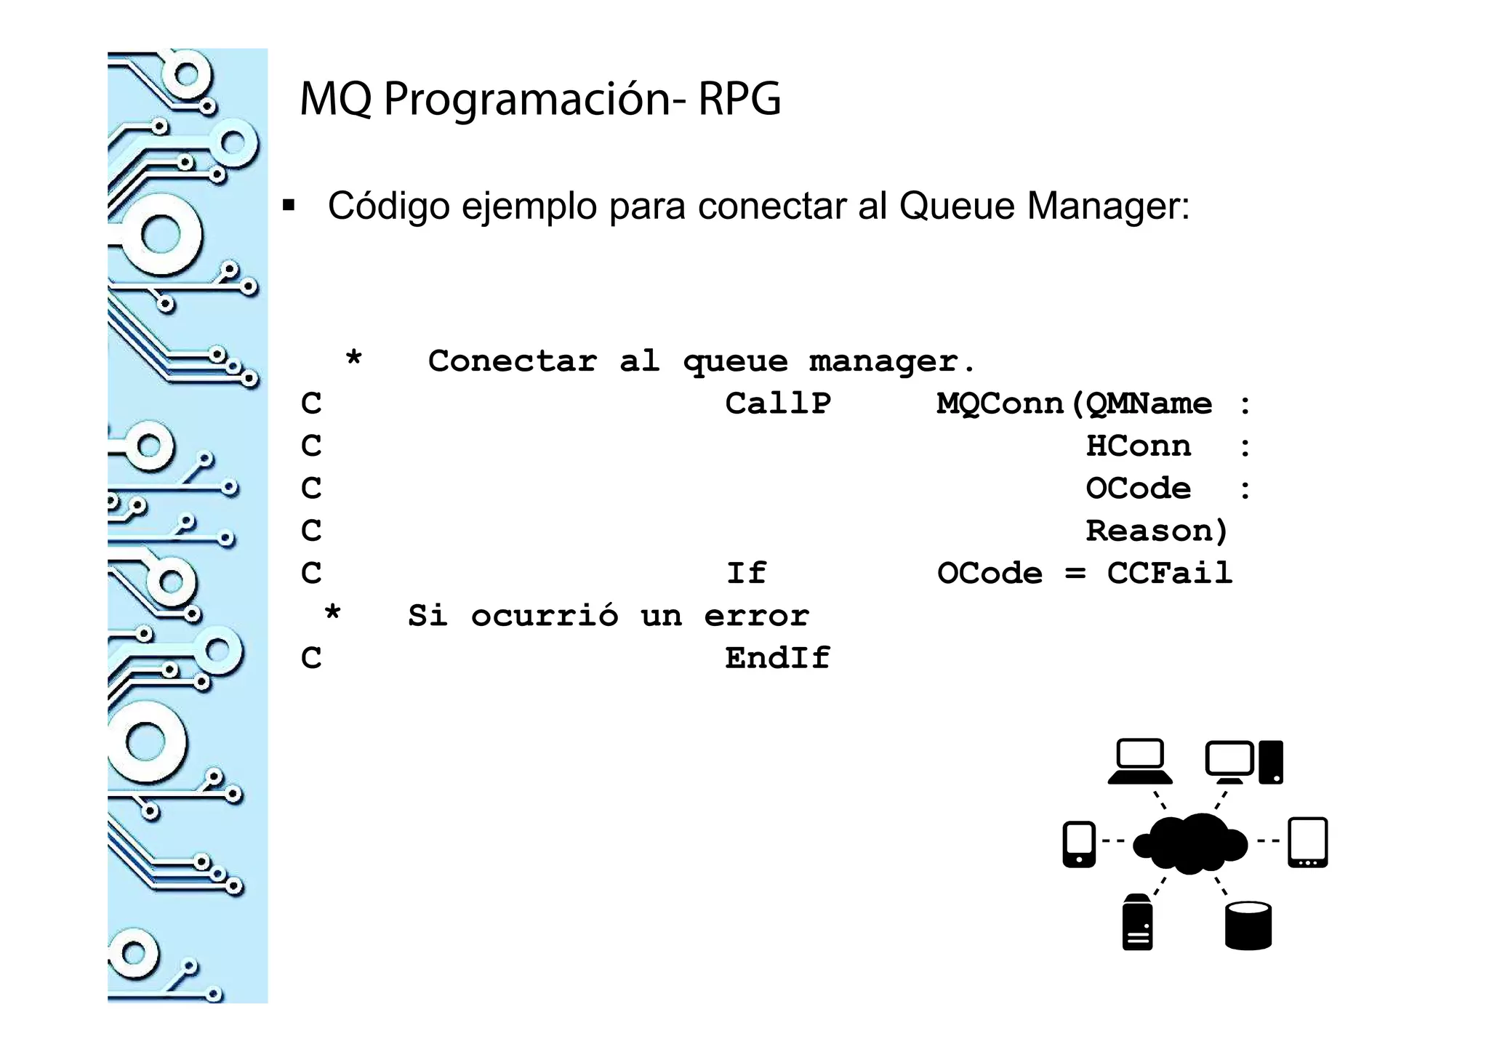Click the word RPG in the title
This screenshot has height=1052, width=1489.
tap(739, 99)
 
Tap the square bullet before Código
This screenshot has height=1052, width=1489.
tap(289, 206)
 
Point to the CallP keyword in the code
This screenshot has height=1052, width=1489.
tap(777, 403)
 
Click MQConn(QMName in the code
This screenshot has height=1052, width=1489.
tap(1074, 403)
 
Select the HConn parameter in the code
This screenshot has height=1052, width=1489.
tap(1138, 446)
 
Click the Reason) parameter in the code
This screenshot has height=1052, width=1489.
tap(1156, 531)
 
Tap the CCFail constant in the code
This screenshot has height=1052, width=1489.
tap(1169, 573)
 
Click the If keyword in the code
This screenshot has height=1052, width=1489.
tap(746, 573)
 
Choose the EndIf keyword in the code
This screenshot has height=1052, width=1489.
tap(777, 658)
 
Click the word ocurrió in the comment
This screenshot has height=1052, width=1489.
tap(544, 616)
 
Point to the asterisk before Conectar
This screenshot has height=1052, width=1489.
tap(353, 358)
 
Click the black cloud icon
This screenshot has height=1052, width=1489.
tap(1190, 843)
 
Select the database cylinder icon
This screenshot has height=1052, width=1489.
tap(1248, 925)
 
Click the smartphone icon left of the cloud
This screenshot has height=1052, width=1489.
tap(1079, 844)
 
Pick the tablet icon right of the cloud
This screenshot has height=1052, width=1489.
tap(1307, 843)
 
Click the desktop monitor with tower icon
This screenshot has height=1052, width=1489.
tap(1244, 761)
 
